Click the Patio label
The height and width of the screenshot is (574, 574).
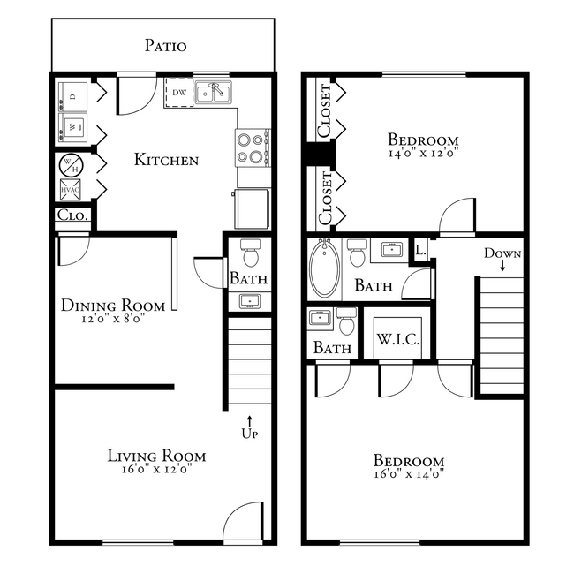point(166,45)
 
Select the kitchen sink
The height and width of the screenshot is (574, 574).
point(213,92)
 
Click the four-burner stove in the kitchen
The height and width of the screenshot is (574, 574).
point(253,147)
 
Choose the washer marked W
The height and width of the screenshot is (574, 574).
point(72,129)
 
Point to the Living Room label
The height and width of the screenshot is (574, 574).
point(156,456)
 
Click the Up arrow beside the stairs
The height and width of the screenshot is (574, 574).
point(249,422)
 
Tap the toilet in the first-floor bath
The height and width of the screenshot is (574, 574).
point(250,254)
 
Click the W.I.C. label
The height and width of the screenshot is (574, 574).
point(397,340)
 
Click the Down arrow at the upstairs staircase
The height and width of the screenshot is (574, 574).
point(502,266)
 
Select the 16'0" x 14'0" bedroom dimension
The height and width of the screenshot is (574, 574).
point(408,474)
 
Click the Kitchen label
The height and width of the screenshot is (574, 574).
point(166,160)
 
